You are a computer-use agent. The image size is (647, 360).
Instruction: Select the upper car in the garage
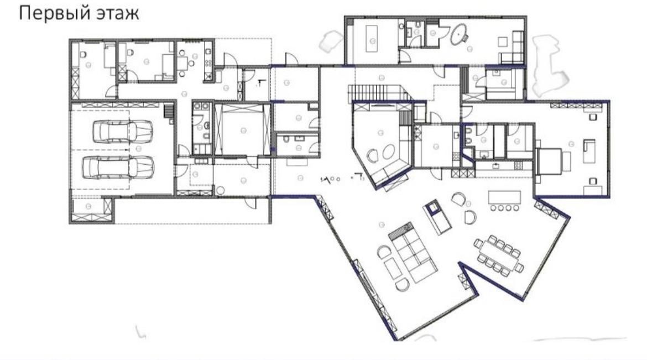(123, 132)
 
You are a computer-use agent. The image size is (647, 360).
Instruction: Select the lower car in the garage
(118, 167)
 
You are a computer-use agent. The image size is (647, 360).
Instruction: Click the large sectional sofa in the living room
(413, 252)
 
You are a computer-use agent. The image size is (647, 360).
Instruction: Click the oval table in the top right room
(458, 34)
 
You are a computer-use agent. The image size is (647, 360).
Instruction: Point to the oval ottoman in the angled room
(388, 152)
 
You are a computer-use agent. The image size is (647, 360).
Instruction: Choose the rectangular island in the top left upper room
(373, 38)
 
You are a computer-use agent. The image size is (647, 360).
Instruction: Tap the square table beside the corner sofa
(503, 41)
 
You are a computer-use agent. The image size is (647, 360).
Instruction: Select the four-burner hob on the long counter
(518, 166)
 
